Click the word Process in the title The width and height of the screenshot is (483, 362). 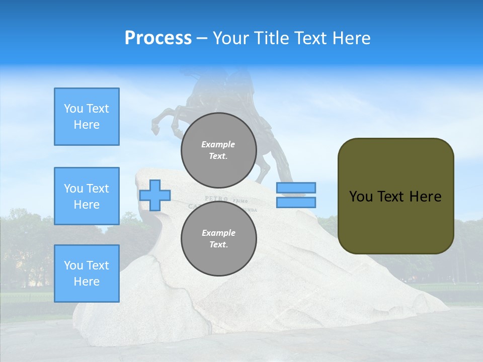pos(158,38)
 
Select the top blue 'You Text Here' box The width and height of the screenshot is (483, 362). pos(87,117)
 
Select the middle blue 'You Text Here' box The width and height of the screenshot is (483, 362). pos(87,196)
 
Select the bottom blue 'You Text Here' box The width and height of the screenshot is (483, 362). pos(87,274)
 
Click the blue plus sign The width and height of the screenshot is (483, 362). pos(155,195)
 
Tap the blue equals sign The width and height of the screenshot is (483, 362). pos(296,195)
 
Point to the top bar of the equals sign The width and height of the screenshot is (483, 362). pos(296,188)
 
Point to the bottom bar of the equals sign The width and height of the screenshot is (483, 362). pos(296,202)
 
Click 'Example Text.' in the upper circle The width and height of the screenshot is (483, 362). pos(218,150)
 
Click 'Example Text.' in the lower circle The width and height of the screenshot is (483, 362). pos(218,238)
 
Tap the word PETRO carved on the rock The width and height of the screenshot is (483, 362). pos(217,198)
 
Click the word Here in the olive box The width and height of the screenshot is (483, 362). pos(425,196)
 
